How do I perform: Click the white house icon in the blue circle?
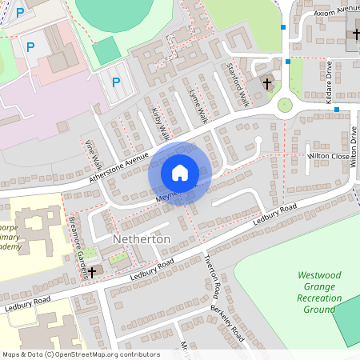180,172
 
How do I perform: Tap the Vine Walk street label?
93,154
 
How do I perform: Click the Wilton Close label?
329,157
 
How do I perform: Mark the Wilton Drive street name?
354,147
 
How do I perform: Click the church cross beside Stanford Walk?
266,82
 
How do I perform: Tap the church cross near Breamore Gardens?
91,272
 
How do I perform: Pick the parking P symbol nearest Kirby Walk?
116,81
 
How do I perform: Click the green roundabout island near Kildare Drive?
285,105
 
